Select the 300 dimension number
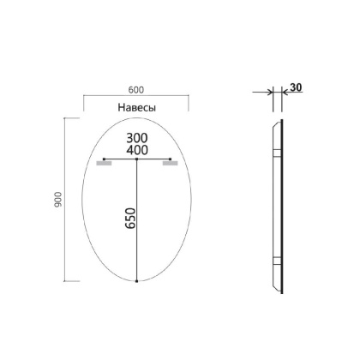coord(136,137)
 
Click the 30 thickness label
coord(296,87)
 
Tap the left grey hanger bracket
coord(104,165)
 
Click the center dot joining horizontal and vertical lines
coord(136,159)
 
